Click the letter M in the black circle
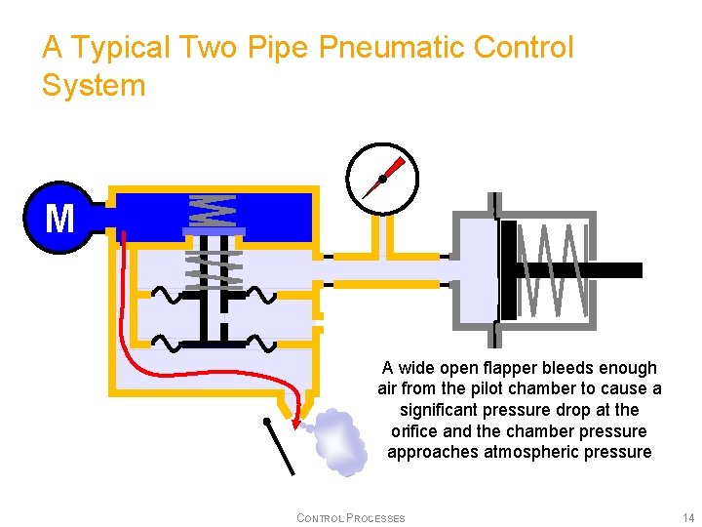click(59, 219)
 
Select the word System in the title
click(94, 86)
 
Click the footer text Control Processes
click(350, 517)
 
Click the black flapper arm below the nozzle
click(281, 447)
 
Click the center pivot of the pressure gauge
click(382, 179)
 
